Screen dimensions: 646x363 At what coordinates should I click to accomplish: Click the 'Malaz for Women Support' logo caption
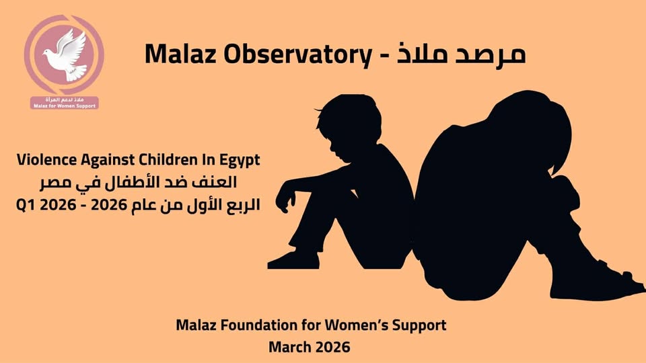(65, 106)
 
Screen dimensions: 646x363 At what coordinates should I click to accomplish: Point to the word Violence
(47, 160)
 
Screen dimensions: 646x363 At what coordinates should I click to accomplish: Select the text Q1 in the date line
(26, 204)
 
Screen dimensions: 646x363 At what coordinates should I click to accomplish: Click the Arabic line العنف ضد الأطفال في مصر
(139, 182)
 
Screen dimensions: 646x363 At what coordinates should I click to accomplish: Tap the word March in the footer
(289, 347)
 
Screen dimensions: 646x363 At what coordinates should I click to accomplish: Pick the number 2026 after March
(332, 347)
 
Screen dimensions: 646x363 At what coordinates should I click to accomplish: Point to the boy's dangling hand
(285, 200)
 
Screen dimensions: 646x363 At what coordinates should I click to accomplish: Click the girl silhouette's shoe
(598, 284)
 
